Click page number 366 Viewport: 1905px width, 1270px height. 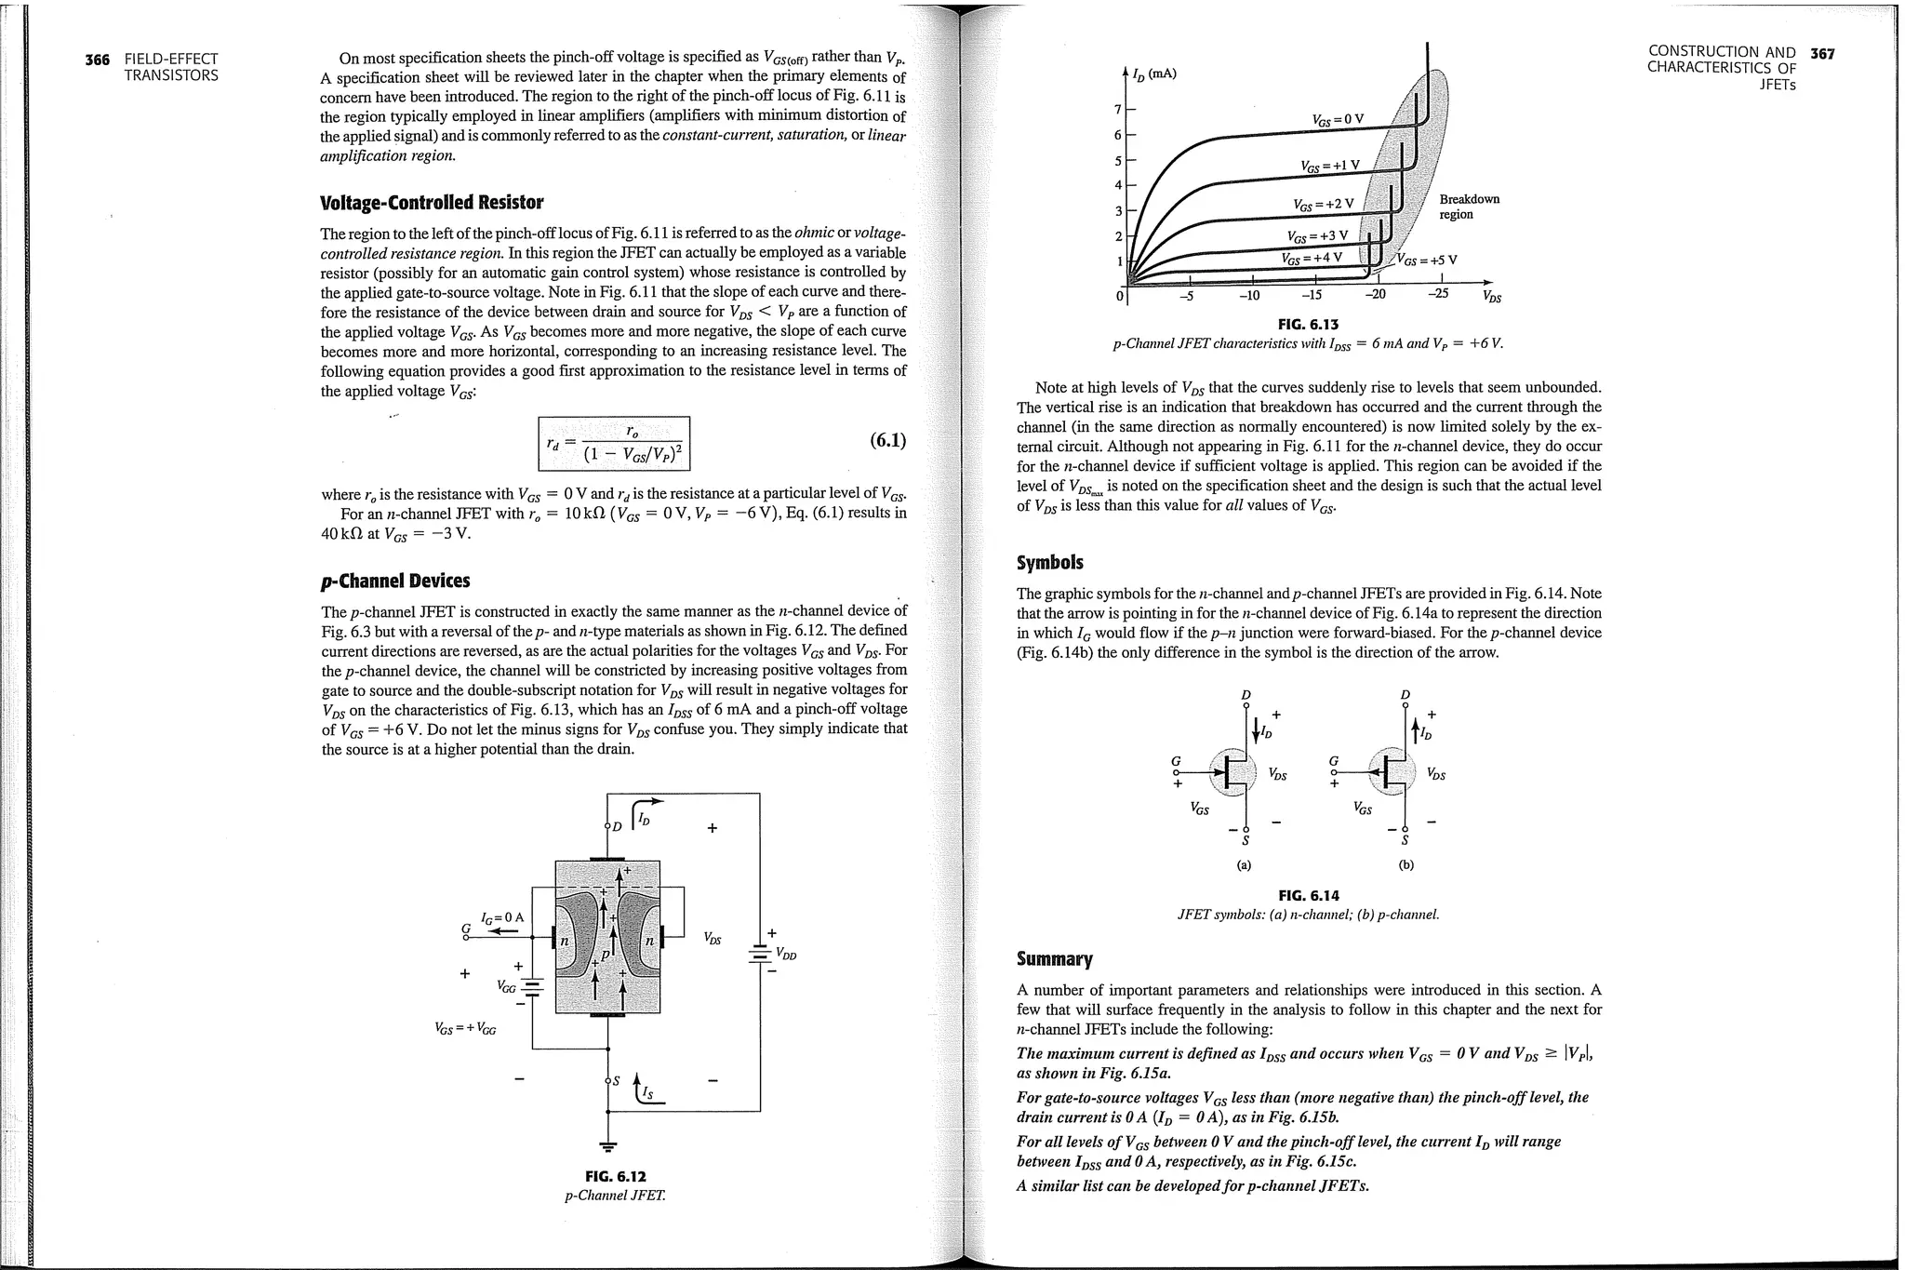coord(97,60)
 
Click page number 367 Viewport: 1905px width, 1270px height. coord(1822,53)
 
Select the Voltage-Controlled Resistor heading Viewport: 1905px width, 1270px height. coord(431,202)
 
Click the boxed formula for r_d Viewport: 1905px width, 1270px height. coord(615,444)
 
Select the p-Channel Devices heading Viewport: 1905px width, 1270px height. coord(395,581)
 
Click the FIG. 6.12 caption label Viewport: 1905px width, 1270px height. coord(615,1176)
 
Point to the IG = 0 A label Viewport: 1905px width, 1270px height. coord(501,917)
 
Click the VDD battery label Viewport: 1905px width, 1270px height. coord(787,954)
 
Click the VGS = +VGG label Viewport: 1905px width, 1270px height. coord(465,1029)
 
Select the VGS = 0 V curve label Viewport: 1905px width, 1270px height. coord(1338,119)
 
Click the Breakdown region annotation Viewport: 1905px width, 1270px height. coord(1469,207)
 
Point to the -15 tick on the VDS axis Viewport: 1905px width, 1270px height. coord(1311,296)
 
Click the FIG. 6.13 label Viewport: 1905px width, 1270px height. coord(1308,324)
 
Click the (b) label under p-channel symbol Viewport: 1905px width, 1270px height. coord(1405,864)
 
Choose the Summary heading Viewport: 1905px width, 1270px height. coord(1055,958)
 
